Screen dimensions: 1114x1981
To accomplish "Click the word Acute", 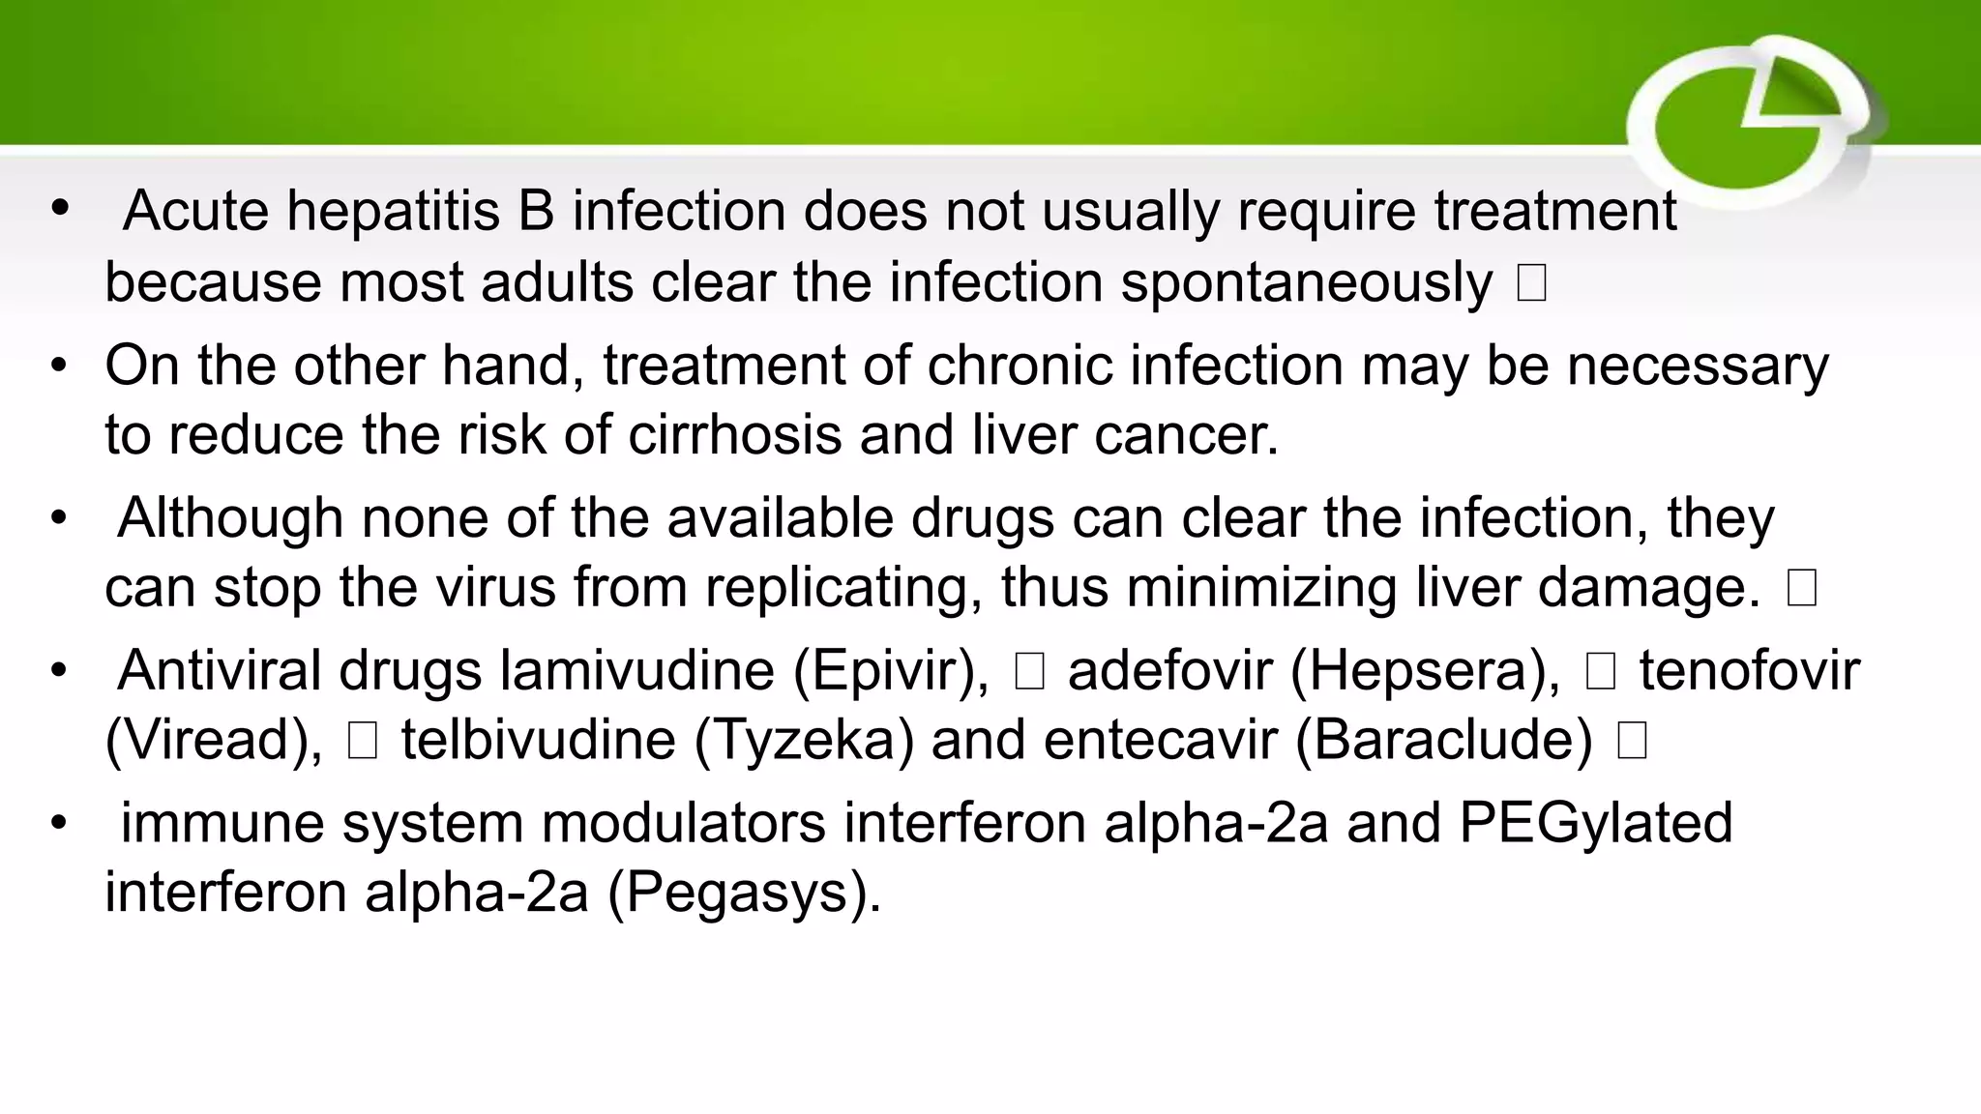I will point(196,211).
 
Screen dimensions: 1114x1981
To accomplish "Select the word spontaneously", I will point(1307,282).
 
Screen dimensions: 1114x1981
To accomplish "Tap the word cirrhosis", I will point(735,434).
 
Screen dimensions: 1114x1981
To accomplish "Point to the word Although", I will point(230,517).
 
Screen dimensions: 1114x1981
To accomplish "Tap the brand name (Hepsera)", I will point(1425,670).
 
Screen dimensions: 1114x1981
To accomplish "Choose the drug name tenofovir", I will point(1749,670).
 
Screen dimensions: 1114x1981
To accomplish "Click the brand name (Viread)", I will point(214,740).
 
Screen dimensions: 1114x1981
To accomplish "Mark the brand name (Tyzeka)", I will point(804,740).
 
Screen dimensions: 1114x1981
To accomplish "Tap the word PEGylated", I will point(1595,823).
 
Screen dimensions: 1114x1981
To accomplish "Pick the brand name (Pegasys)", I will point(744,892).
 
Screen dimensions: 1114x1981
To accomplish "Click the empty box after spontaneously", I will point(1531,283).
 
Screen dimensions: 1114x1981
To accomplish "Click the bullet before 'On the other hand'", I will point(60,366).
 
